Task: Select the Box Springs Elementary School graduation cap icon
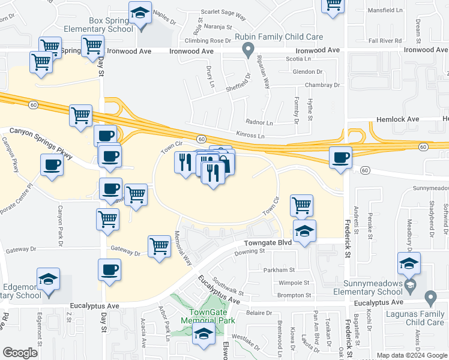pos(140,13)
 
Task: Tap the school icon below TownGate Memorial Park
pos(204,334)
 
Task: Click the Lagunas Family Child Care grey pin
pos(430,297)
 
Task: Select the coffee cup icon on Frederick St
pos(341,158)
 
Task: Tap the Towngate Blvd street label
pos(268,243)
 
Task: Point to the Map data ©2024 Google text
pos(411,355)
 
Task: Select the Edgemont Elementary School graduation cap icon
pos(48,279)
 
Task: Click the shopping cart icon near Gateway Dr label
pos(159,245)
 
